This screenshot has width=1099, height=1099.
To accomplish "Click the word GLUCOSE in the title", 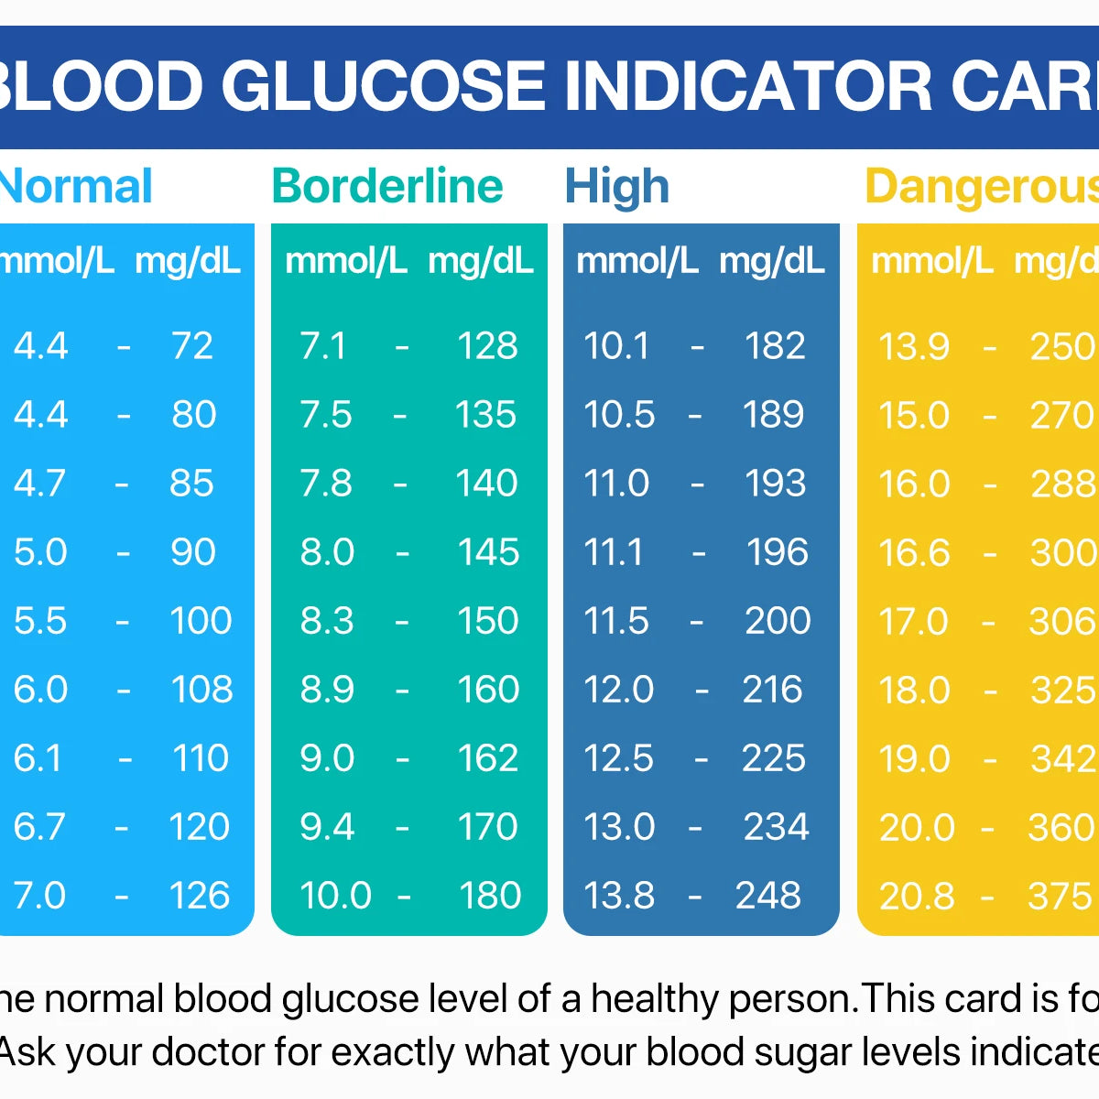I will [x=384, y=86].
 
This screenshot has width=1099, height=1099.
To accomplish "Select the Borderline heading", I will [x=387, y=186].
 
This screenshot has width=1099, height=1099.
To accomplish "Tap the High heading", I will [x=616, y=186].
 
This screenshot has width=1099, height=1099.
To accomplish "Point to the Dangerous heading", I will [x=981, y=186].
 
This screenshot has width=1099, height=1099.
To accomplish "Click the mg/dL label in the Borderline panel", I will [x=480, y=261].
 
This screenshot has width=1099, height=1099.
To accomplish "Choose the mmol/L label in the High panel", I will [x=637, y=261].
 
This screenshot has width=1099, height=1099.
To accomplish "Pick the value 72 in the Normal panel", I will [x=192, y=345].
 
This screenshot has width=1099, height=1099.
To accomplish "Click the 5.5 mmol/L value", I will [x=40, y=620].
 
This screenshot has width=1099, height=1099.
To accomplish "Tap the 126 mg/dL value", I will [x=200, y=895].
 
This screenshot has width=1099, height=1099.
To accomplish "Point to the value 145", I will [x=488, y=551].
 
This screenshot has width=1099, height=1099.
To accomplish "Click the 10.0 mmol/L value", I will [x=335, y=895].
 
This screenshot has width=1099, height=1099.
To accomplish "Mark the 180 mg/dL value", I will [x=490, y=895].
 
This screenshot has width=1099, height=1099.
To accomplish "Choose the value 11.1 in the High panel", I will [x=614, y=551].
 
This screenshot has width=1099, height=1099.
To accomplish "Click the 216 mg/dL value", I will [x=772, y=689].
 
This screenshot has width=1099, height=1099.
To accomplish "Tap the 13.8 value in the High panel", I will [x=619, y=895].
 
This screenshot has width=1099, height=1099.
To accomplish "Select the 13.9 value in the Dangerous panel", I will [x=913, y=346].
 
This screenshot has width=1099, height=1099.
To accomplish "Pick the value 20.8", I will [x=916, y=896].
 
